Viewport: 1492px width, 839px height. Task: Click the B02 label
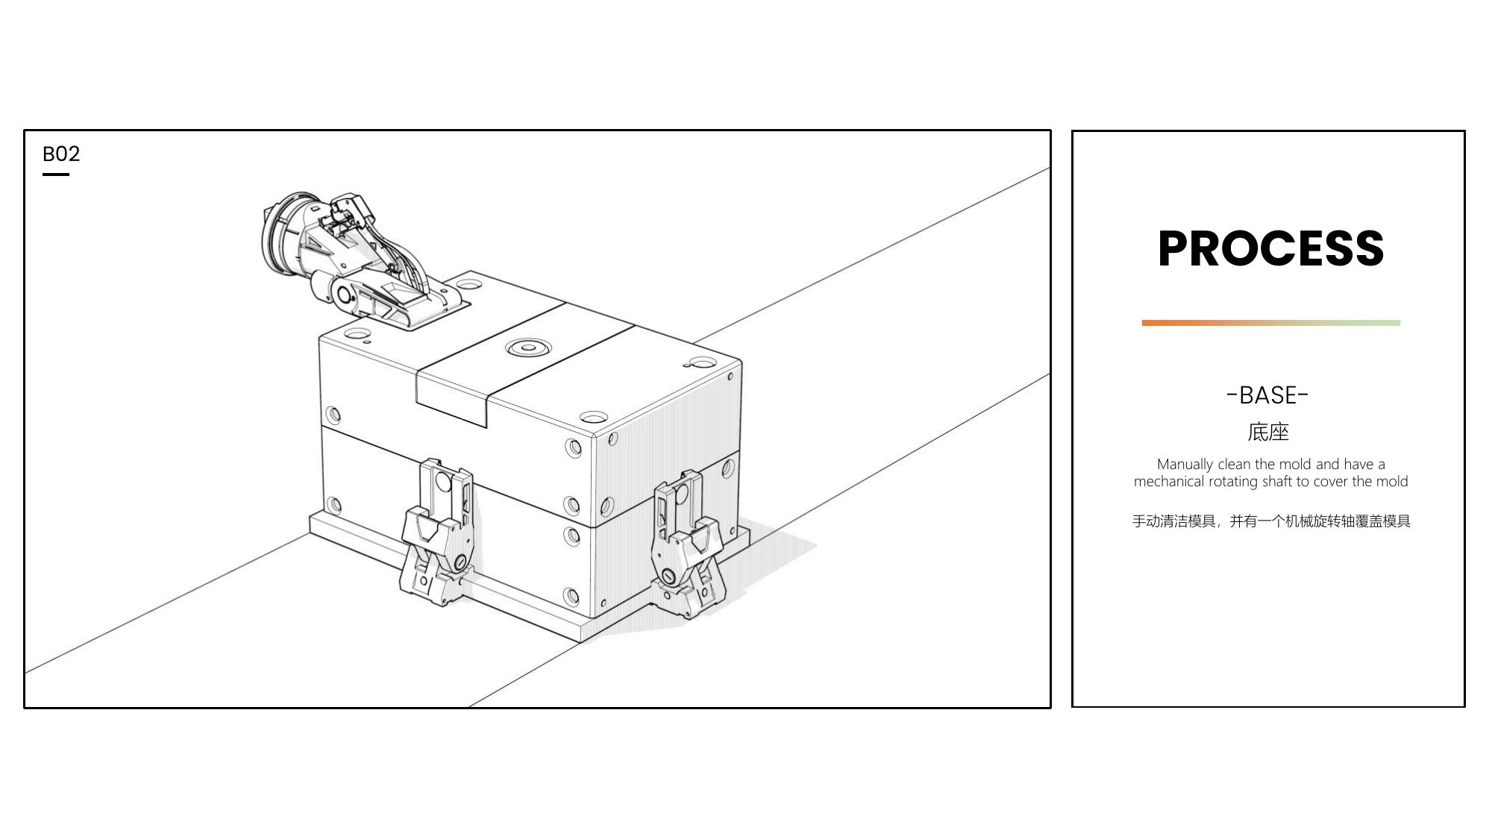click(61, 154)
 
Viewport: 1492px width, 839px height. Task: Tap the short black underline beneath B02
click(56, 175)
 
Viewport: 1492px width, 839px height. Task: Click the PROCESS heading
click(1270, 248)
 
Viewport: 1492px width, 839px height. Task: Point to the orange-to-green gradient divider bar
click(1270, 323)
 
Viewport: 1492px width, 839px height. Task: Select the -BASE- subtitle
click(1267, 395)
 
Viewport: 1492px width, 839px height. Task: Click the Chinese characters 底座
click(1268, 432)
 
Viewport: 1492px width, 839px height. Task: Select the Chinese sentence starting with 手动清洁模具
click(1271, 521)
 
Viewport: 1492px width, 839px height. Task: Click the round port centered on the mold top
click(528, 347)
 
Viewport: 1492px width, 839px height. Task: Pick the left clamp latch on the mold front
click(437, 531)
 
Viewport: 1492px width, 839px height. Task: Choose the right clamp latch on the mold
click(686, 544)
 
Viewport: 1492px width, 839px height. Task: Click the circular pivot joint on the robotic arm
click(345, 295)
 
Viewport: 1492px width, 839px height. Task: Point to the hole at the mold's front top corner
click(592, 417)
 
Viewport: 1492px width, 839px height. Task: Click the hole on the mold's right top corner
click(703, 363)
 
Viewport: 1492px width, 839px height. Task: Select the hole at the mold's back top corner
click(468, 285)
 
